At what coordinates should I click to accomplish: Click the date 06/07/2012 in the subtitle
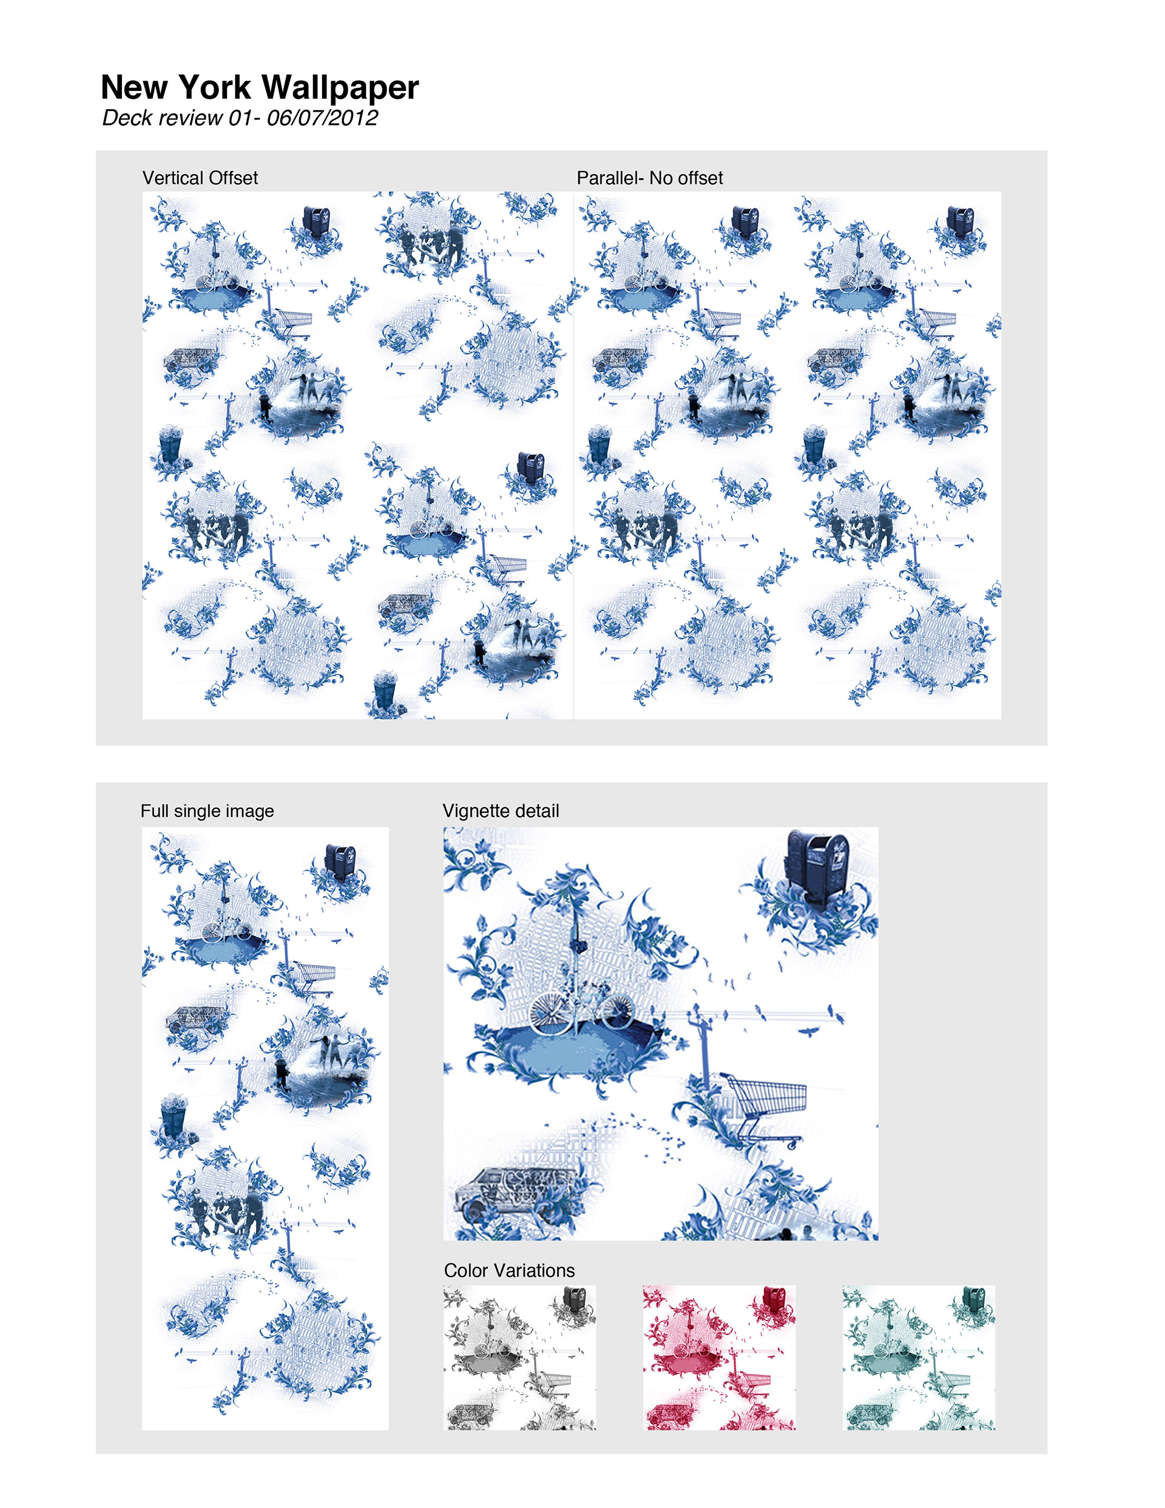(x=322, y=117)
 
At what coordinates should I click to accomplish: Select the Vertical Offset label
(x=200, y=178)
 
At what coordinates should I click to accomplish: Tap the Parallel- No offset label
(x=650, y=178)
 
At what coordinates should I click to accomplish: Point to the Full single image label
(x=207, y=811)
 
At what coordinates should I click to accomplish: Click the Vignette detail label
(x=501, y=811)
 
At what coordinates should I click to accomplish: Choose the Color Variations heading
(x=510, y=1271)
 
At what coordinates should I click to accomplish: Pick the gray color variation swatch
(x=519, y=1357)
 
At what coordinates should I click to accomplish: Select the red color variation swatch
(x=719, y=1357)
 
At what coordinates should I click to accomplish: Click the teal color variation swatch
(x=919, y=1357)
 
